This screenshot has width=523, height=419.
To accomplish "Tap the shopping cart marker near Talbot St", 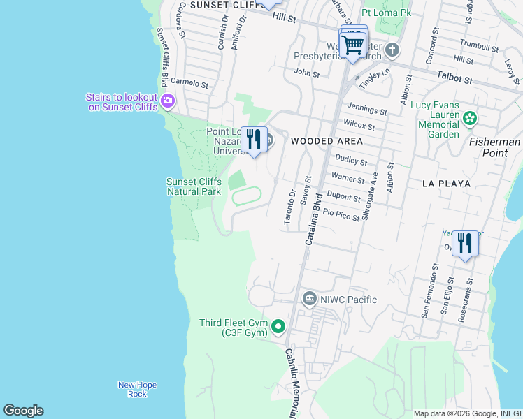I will [x=353, y=45].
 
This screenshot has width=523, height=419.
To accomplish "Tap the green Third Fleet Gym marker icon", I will [x=278, y=326].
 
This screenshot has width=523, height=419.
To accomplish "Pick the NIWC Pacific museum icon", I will [x=310, y=300].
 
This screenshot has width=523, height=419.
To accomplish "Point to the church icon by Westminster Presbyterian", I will [x=392, y=50].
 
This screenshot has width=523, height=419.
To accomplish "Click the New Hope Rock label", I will [x=137, y=389].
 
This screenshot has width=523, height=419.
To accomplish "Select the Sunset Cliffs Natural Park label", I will [x=194, y=186].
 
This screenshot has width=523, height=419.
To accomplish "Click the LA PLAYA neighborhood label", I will [x=446, y=184].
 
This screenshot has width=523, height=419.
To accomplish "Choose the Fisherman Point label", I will [x=494, y=147].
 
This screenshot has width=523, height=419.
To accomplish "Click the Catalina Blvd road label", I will [x=313, y=219].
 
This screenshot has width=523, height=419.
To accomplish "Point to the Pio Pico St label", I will [x=342, y=215].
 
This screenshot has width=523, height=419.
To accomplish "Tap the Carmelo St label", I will [x=189, y=83].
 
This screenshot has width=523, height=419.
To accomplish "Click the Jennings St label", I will [x=367, y=110].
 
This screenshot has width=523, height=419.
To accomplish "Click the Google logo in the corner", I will [x=23, y=411].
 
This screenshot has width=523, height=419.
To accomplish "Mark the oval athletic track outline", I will [x=246, y=196].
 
